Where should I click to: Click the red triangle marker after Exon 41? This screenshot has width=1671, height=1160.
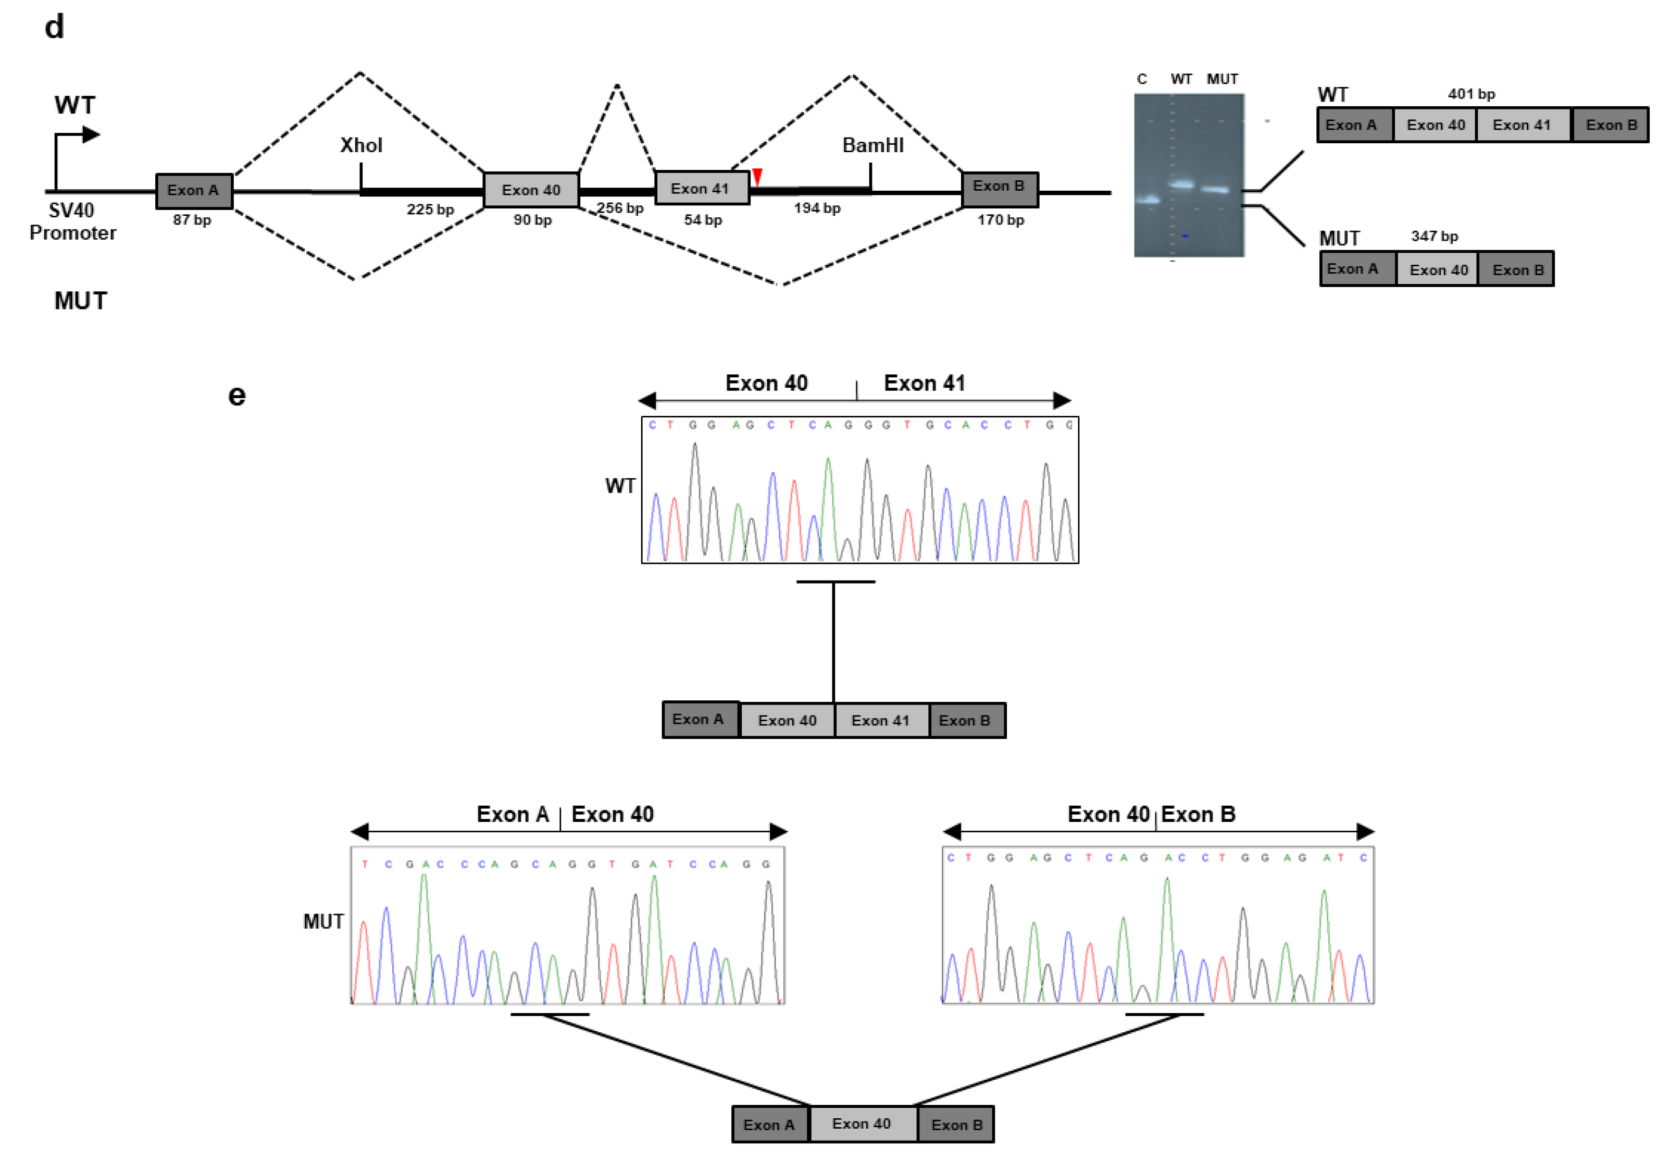click(x=756, y=177)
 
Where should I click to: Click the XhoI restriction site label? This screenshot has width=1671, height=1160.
click(x=361, y=145)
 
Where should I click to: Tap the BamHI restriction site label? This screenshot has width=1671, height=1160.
click(x=872, y=145)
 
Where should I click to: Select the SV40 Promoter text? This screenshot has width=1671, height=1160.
click(x=72, y=221)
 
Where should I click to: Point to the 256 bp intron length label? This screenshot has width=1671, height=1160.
click(x=620, y=208)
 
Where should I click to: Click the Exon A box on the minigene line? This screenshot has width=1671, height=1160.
click(x=193, y=190)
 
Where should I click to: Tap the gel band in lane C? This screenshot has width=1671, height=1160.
click(x=1148, y=200)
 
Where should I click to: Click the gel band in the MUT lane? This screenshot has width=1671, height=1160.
click(x=1214, y=190)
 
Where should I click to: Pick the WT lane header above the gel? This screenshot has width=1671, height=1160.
click(x=1181, y=79)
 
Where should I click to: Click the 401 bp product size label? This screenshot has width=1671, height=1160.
click(x=1470, y=94)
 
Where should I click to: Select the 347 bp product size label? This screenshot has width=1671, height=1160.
click(x=1433, y=236)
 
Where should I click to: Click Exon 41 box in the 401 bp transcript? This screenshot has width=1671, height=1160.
click(x=1522, y=125)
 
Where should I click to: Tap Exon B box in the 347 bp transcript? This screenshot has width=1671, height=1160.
click(x=1517, y=269)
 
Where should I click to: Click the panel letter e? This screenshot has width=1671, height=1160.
click(x=237, y=396)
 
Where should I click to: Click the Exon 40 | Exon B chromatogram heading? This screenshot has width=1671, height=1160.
click(x=1151, y=814)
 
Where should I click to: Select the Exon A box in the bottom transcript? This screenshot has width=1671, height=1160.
click(x=769, y=1125)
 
